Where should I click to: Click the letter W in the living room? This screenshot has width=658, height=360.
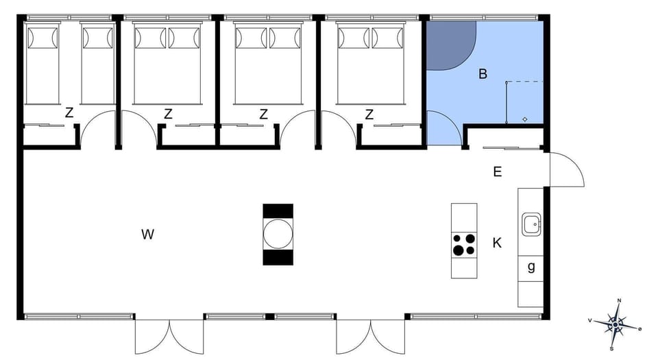pyautogui.click(x=147, y=235)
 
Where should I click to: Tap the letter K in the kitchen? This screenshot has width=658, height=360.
pyautogui.click(x=497, y=242)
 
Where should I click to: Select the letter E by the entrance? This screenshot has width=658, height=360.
pyautogui.click(x=497, y=171)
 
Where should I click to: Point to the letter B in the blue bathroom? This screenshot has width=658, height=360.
pyautogui.click(x=483, y=74)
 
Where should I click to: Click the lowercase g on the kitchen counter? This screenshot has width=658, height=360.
pyautogui.click(x=531, y=267)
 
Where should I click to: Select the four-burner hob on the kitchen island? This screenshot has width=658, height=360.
pyautogui.click(x=464, y=244)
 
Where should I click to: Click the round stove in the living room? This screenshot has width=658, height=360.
pyautogui.click(x=278, y=234)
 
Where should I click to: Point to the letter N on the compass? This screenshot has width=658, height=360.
pyautogui.click(x=619, y=300)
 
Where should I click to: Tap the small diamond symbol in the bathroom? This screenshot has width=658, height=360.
pyautogui.click(x=525, y=119)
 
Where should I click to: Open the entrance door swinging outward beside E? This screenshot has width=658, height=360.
pyautogui.click(x=565, y=169)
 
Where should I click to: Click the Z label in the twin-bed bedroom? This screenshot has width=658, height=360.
pyautogui.click(x=69, y=114)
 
